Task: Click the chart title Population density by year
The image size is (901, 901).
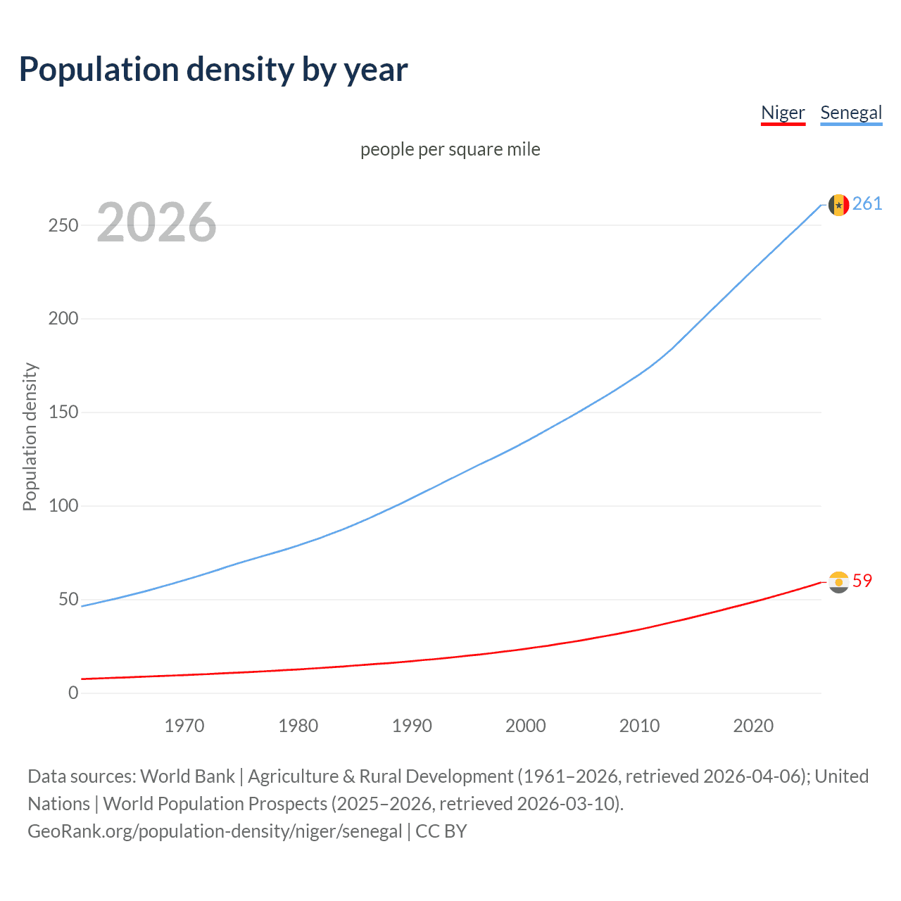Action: coord(213,70)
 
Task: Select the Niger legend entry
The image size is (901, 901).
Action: coord(783,113)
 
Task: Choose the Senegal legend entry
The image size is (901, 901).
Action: coord(851,113)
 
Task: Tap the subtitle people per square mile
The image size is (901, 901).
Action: coord(450,149)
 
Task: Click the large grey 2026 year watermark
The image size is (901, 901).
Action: coord(156,222)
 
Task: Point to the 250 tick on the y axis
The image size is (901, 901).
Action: coord(63,225)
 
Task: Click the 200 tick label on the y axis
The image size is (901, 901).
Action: coord(63,318)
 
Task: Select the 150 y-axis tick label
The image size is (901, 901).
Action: coord(63,412)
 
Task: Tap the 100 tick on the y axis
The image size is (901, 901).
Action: coord(63,505)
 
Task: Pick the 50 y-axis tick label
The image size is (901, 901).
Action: coord(68,599)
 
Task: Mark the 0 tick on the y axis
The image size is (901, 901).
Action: coord(73,693)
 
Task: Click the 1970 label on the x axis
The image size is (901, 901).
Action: coord(184,726)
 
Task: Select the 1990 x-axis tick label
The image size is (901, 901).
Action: coord(412,726)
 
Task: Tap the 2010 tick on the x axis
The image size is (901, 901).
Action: coord(639,726)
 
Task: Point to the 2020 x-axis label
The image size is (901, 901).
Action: coord(753,726)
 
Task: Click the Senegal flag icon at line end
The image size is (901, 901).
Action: coord(838,205)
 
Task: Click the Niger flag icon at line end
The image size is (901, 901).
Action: coord(838,582)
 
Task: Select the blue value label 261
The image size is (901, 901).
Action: coord(867,204)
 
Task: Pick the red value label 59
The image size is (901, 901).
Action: coord(862,581)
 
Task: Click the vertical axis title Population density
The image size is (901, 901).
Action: coord(30,436)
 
